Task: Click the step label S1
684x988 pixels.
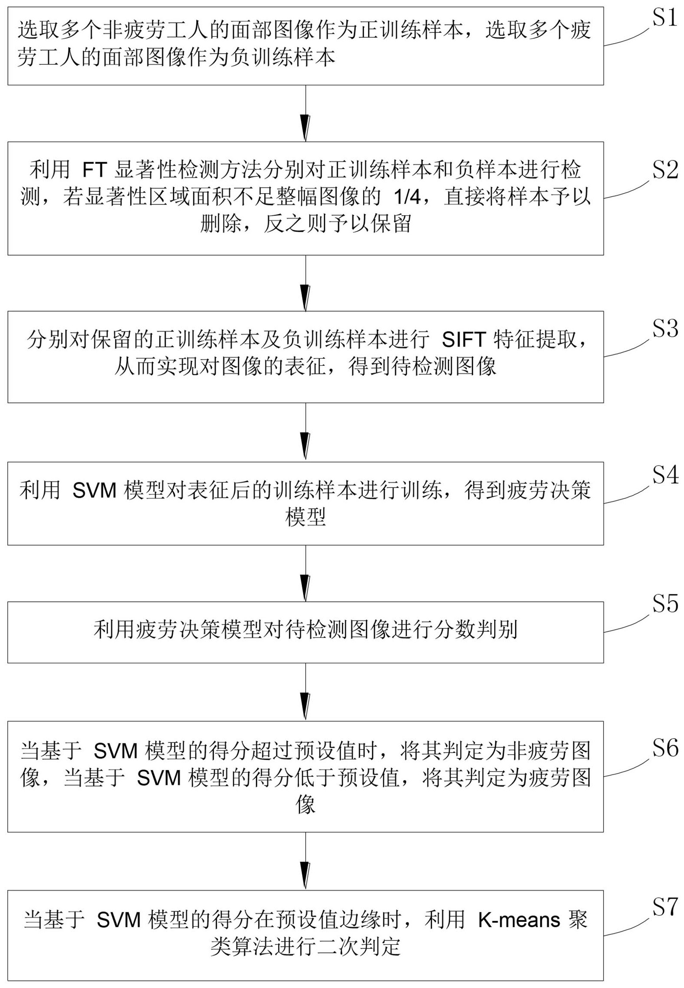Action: coord(665,18)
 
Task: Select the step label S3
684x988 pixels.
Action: coord(665,329)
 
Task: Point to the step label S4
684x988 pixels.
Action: coord(665,475)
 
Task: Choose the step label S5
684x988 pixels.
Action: coord(665,604)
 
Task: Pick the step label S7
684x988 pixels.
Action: coord(665,906)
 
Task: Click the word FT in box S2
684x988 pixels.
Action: coord(95,170)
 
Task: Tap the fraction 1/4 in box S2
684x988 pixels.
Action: coord(407,197)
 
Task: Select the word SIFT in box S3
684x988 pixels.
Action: coord(463,340)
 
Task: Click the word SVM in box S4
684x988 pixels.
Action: coord(94,491)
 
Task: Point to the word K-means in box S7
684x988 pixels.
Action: coord(519,919)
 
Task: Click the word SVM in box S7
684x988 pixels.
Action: coord(118,919)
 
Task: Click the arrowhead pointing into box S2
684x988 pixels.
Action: coord(305,127)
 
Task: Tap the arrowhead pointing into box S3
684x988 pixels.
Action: coord(305,297)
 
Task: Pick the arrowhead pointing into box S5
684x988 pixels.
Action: coord(305,587)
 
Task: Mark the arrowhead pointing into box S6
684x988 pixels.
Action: coord(305,706)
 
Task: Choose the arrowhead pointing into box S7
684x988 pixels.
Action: coord(305,875)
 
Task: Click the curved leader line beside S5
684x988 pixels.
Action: coord(627,626)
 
